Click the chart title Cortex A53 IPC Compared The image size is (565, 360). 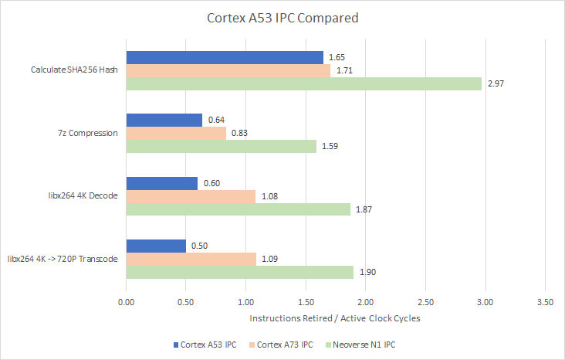click(x=282, y=18)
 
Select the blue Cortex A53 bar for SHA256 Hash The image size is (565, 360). click(x=225, y=57)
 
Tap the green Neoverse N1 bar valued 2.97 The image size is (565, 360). click(x=303, y=83)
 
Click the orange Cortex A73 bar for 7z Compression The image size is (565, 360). click(x=176, y=133)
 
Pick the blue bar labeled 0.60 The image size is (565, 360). click(x=162, y=182)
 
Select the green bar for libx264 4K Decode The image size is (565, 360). click(x=238, y=209)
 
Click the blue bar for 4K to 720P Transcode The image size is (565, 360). click(x=156, y=246)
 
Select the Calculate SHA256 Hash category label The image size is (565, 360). click(x=74, y=70)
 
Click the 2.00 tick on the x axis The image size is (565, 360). click(x=365, y=302)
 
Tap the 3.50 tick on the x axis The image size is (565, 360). click(x=545, y=302)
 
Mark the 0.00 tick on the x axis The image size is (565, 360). click(x=126, y=302)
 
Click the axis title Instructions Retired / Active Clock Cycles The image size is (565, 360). click(x=335, y=318)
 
